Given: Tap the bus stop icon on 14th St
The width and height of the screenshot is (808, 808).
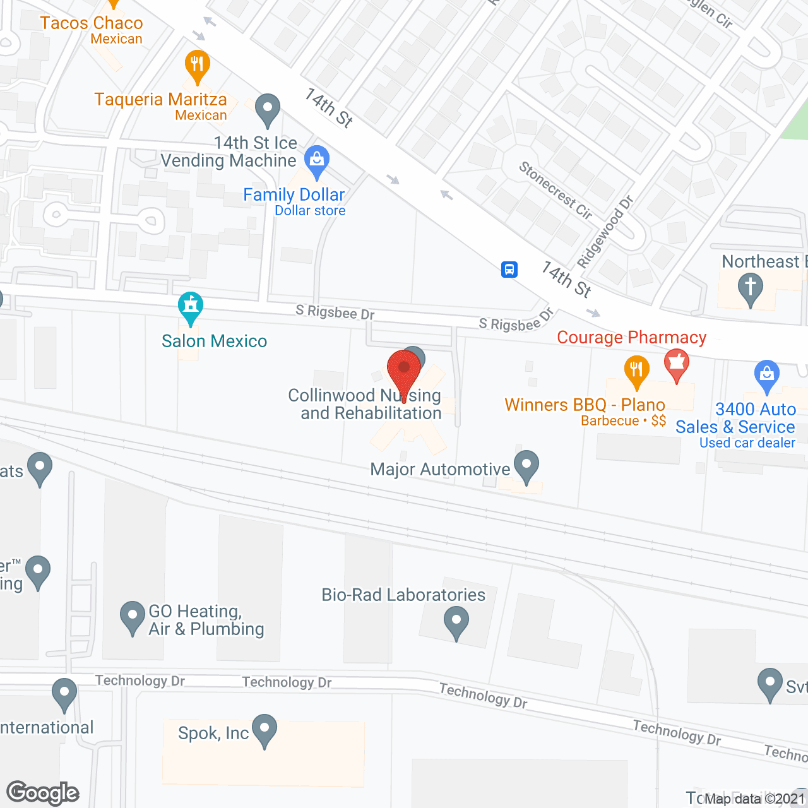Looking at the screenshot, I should [509, 270].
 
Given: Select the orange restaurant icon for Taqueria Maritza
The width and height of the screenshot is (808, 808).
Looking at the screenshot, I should [198, 64].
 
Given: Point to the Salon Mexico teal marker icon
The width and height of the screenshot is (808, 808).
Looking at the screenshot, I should [191, 307].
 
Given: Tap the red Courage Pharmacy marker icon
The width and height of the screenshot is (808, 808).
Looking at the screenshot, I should [677, 364].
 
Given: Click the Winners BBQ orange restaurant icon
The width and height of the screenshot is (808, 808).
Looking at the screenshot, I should [636, 370].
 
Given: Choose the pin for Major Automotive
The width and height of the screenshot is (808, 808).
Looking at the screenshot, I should [526, 466].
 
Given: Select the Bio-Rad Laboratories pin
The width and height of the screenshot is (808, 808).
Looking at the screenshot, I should [456, 622].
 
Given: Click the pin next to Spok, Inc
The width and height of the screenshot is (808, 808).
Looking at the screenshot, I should [264, 730].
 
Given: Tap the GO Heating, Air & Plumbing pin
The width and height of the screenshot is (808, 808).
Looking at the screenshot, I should [133, 617].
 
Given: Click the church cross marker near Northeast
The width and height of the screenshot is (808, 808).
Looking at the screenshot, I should [750, 288].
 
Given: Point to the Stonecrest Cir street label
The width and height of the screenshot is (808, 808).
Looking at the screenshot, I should [555, 190].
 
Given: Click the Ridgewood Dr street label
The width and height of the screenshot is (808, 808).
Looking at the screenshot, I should [605, 232].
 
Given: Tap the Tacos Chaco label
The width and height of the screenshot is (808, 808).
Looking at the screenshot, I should [92, 23].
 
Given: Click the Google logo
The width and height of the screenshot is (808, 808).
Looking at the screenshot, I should [43, 793].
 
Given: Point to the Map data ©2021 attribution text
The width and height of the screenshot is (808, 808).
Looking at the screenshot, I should [754, 799].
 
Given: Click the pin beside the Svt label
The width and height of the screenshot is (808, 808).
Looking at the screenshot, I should [770, 684].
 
